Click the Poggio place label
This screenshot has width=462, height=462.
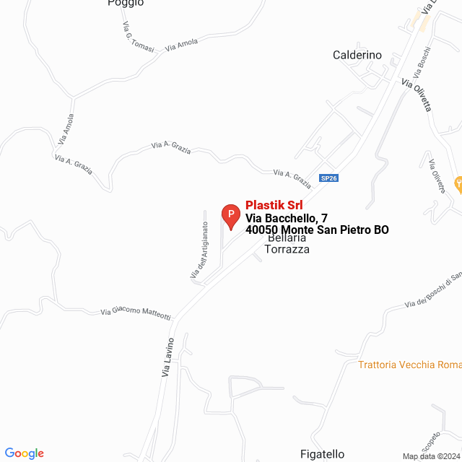click(126, 3)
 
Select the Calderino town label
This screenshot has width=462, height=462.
click(357, 55)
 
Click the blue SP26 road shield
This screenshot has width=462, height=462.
click(328, 178)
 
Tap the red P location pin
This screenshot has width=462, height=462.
click(230, 215)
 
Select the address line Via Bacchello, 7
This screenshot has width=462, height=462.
click(287, 218)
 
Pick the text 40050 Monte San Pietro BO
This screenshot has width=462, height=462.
click(317, 230)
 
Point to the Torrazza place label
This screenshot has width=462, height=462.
click(287, 250)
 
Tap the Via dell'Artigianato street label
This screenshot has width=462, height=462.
click(199, 250)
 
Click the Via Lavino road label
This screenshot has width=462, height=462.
click(167, 357)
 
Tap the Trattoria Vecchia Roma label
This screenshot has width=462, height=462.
click(409, 365)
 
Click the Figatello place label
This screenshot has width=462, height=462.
click(321, 454)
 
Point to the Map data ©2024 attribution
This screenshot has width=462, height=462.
click(430, 456)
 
